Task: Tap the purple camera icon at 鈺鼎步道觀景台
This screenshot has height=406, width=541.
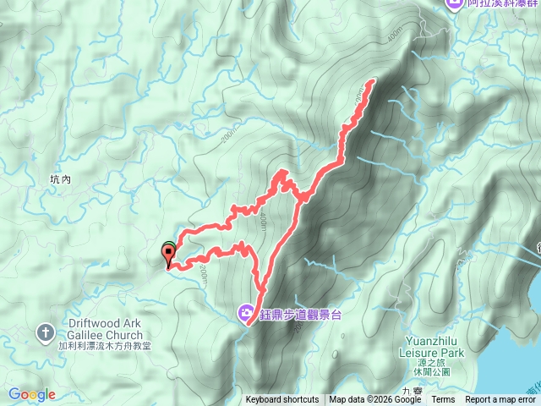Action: (x=246, y=315)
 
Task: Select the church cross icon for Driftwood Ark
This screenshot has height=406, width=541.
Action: (x=45, y=332)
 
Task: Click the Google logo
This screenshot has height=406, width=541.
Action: (x=31, y=394)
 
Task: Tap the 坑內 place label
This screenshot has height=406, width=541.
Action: (x=62, y=180)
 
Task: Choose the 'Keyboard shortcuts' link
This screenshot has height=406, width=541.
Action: (x=282, y=400)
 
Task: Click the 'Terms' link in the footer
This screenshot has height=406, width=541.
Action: (x=443, y=400)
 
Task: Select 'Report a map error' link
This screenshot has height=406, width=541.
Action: (x=500, y=400)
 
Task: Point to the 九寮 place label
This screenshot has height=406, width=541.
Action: (x=412, y=391)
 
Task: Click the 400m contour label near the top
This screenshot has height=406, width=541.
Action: (x=393, y=38)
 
